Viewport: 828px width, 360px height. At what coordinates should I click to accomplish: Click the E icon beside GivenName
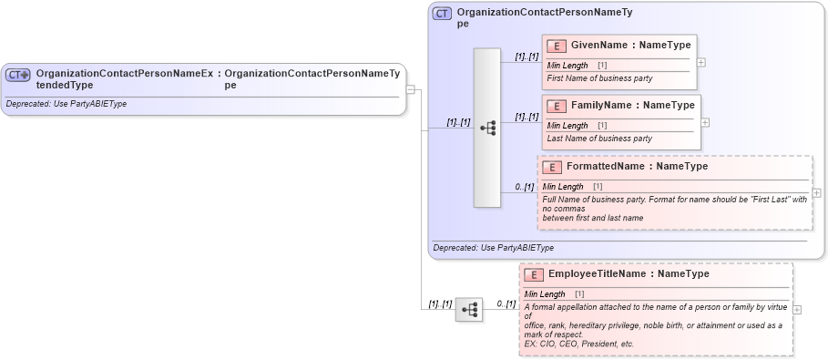click(x=557, y=46)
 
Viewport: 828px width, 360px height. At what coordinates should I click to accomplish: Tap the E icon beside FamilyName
click(x=557, y=106)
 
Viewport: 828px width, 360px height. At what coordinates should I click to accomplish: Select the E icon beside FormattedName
click(x=552, y=167)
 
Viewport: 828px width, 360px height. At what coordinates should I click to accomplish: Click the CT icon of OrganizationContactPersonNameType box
click(x=442, y=14)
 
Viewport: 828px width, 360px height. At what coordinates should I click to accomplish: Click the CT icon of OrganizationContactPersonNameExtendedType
click(x=18, y=75)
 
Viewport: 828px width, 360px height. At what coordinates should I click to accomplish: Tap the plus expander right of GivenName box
click(x=700, y=62)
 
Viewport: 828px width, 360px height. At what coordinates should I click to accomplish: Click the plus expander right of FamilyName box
click(x=705, y=122)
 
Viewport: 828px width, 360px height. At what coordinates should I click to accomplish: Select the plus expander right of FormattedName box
click(x=816, y=193)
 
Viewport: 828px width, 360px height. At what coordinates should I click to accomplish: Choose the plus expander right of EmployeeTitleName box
click(x=797, y=309)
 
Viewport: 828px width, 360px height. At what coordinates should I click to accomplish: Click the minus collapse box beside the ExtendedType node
click(x=411, y=89)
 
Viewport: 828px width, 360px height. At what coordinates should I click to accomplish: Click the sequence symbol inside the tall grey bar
click(x=487, y=128)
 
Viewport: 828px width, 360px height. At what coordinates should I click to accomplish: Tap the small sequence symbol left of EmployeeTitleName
click(x=468, y=310)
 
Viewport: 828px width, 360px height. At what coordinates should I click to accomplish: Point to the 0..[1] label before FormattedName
click(x=524, y=188)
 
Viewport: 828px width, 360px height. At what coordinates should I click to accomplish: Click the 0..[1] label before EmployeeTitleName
click(x=506, y=303)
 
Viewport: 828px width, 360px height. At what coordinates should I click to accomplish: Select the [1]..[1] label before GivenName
click(x=526, y=57)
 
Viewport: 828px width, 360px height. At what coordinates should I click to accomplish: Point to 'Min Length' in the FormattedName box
click(x=563, y=187)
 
